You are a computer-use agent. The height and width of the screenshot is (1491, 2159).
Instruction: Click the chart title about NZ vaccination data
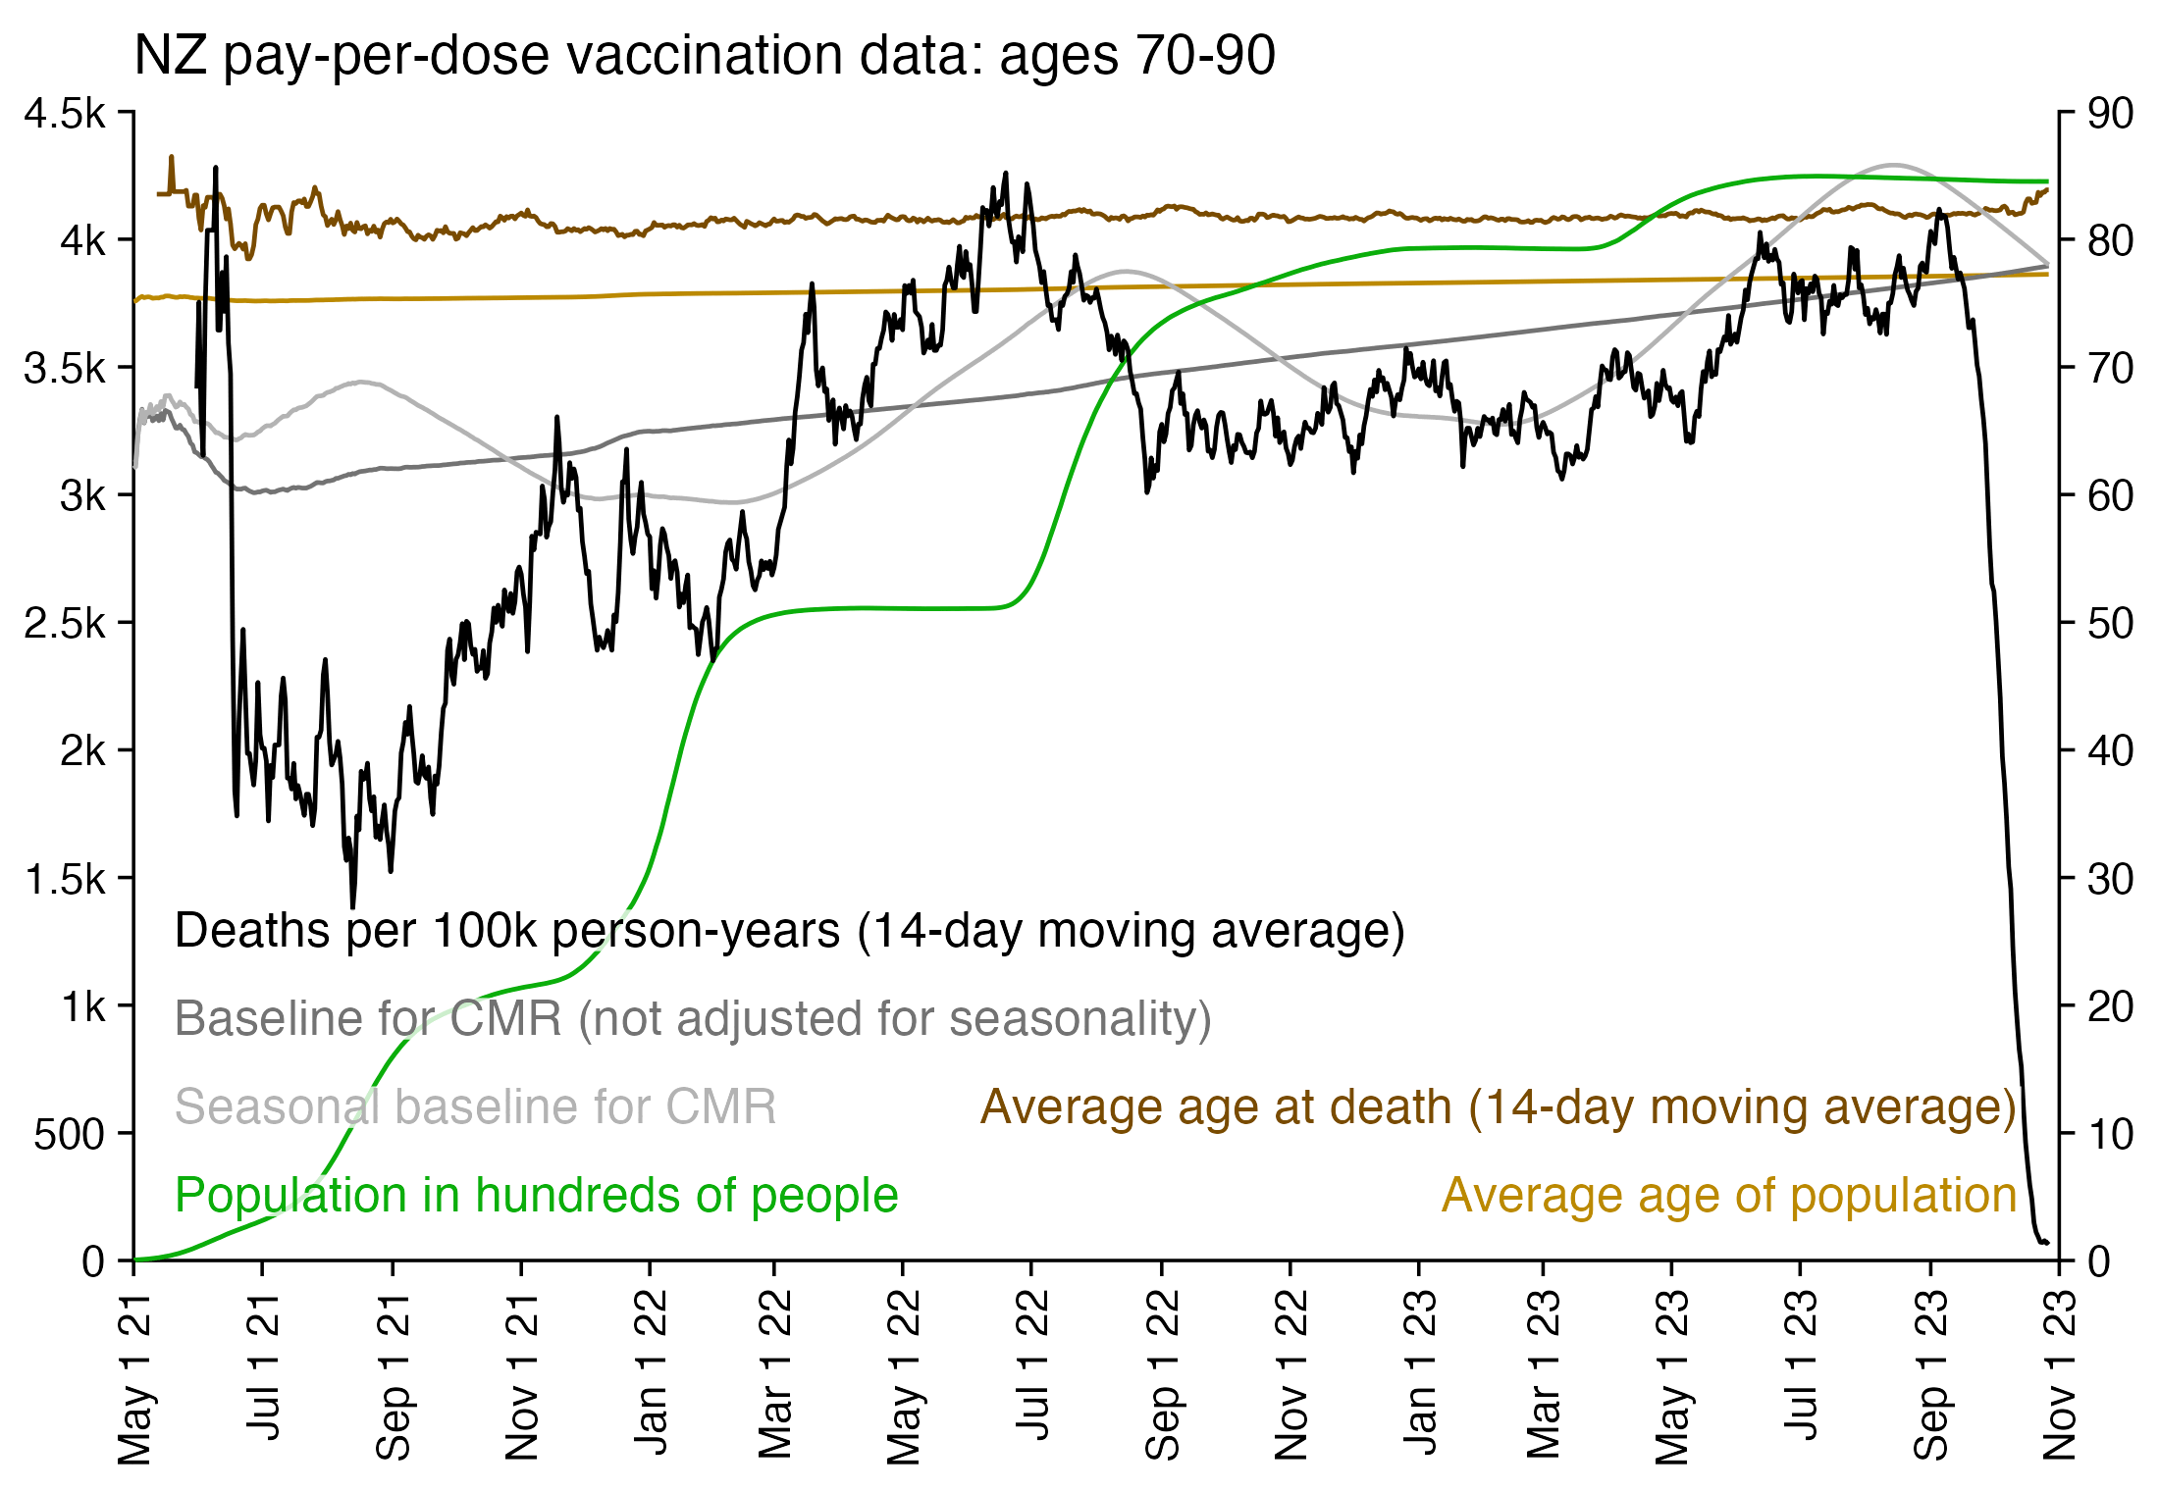click(x=704, y=55)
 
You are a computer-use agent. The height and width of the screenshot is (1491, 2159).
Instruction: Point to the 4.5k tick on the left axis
click(x=65, y=114)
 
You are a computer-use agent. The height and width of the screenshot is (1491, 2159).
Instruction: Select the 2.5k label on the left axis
click(x=65, y=623)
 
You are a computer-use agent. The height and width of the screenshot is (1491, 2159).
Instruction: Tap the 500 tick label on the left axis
click(x=69, y=1134)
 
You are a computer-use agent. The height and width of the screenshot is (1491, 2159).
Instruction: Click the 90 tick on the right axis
click(x=2110, y=114)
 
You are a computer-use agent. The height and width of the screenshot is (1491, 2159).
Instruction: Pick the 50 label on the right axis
click(x=2110, y=623)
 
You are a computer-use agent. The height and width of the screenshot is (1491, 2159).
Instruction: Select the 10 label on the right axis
click(x=2110, y=1134)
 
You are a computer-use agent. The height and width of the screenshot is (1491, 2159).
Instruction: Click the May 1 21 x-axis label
click(x=135, y=1377)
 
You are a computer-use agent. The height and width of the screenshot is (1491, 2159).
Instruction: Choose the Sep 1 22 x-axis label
click(x=1163, y=1373)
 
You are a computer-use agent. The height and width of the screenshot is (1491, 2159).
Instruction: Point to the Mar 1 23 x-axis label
click(x=1544, y=1373)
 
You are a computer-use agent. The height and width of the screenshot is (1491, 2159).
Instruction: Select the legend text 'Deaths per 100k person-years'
click(x=789, y=930)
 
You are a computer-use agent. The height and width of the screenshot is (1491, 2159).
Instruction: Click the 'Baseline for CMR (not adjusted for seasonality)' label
click(x=693, y=1018)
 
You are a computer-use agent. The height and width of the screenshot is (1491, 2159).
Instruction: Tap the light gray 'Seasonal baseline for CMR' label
click(x=475, y=1106)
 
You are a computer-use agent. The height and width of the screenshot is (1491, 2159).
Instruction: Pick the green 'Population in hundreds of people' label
click(x=536, y=1195)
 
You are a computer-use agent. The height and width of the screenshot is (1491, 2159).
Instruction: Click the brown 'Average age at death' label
click(x=1498, y=1106)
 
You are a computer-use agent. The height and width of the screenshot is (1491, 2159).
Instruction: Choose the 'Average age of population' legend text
click(x=1728, y=1195)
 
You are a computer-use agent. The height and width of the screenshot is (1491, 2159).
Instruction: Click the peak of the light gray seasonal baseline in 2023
click(x=1893, y=165)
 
